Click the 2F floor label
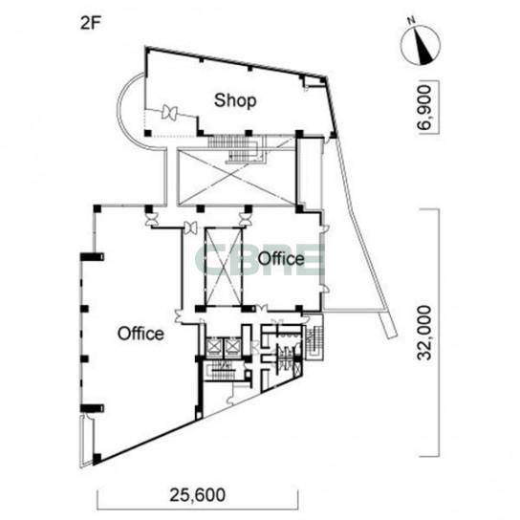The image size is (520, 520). (90, 24)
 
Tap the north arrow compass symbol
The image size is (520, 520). (421, 45)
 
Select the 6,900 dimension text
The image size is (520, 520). (424, 107)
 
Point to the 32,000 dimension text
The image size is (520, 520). (424, 333)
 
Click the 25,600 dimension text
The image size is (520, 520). (197, 495)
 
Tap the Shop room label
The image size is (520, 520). (235, 100)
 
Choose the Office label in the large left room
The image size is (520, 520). (141, 334)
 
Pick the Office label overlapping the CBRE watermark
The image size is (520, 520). (281, 258)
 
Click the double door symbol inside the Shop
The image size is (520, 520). (169, 113)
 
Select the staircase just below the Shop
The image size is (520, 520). (236, 148)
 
